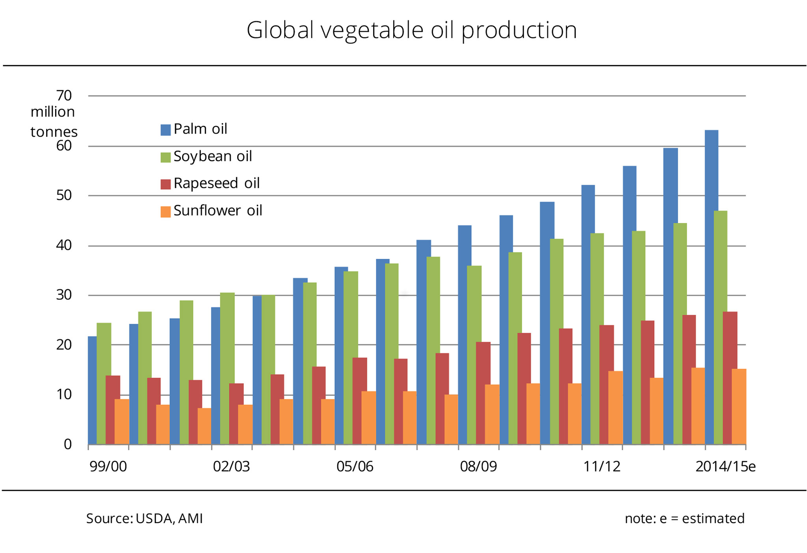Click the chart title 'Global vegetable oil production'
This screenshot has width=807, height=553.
(x=411, y=30)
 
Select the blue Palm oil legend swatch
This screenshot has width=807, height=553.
(x=165, y=130)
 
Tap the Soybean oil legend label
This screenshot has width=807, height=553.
(x=212, y=156)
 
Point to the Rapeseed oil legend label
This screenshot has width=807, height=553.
(x=216, y=183)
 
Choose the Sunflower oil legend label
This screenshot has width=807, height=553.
(x=218, y=211)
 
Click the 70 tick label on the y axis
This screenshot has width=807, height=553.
(x=64, y=95)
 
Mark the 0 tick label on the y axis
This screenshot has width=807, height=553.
(x=68, y=444)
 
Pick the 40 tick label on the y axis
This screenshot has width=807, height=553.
(x=64, y=245)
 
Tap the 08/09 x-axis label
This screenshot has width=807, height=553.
(x=478, y=467)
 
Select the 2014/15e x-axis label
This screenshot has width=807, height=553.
(x=725, y=467)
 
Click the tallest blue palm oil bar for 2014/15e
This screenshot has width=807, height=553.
(x=711, y=288)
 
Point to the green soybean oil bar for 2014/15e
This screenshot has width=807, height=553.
(x=721, y=327)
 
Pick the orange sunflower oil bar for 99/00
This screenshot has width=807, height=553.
(x=122, y=421)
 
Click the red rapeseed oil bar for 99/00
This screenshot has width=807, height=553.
(x=113, y=410)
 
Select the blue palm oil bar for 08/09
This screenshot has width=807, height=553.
(x=465, y=335)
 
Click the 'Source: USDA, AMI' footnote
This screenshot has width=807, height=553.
(x=145, y=519)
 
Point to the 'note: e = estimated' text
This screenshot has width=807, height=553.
(x=684, y=519)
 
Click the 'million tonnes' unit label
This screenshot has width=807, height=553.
(x=54, y=122)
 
